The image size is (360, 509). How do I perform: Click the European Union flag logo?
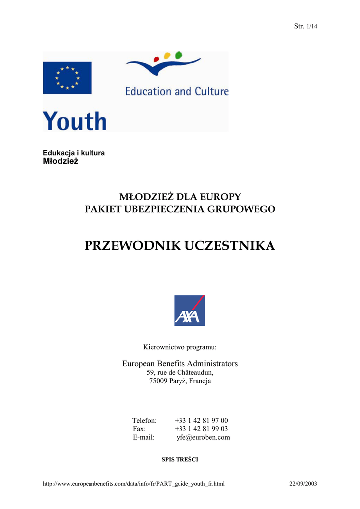tap(67, 78)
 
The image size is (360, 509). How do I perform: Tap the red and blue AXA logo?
tap(189, 311)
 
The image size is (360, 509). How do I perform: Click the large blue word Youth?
tap(75, 121)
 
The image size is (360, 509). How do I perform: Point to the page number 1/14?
tap(312, 26)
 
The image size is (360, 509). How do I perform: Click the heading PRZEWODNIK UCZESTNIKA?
tap(180, 245)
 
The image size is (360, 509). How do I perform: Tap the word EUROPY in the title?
tap(220, 197)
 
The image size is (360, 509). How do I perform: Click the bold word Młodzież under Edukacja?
tap(61, 161)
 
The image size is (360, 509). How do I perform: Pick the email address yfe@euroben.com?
tap(203, 437)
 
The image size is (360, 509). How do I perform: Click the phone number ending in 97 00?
tap(201, 420)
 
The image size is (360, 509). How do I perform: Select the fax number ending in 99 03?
tap(201, 428)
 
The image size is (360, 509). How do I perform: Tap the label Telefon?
tap(144, 420)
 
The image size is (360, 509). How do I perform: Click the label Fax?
tap(139, 428)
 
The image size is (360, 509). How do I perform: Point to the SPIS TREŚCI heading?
tap(180, 459)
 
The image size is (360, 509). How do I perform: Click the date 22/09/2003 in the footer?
tap(303, 483)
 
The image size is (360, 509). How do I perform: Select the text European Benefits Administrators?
tap(180, 364)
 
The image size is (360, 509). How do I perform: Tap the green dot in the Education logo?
tap(179, 55)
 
